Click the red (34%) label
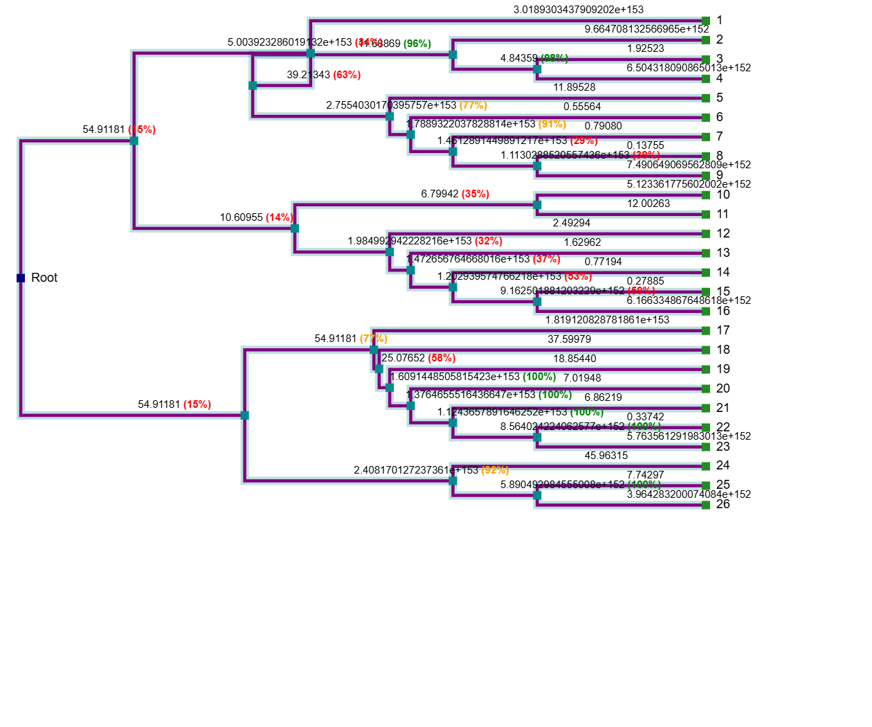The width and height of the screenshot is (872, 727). click(x=368, y=43)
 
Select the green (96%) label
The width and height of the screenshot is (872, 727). click(x=417, y=44)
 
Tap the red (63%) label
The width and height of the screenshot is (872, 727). click(x=347, y=75)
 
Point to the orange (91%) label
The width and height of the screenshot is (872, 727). click(x=552, y=124)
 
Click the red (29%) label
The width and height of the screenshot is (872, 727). click(x=584, y=141)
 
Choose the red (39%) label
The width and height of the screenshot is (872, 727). click(x=646, y=155)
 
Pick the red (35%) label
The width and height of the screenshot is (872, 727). click(x=475, y=194)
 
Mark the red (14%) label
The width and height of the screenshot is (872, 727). click(x=280, y=217)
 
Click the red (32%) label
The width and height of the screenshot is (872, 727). click(x=489, y=241)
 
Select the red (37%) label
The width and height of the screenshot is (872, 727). click(x=547, y=259)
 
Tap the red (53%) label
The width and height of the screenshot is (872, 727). click(x=578, y=276)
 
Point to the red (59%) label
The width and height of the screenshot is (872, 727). click(x=642, y=291)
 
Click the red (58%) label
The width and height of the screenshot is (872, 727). click(x=442, y=358)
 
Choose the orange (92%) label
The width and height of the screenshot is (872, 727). click(x=495, y=470)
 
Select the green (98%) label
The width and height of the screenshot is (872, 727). click(x=554, y=57)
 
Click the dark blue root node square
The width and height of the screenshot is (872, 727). click(x=21, y=278)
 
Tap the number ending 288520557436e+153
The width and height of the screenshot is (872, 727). click(x=581, y=155)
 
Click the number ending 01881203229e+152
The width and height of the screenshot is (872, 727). click(x=579, y=291)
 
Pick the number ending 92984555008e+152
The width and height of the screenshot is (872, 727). click(x=579, y=485)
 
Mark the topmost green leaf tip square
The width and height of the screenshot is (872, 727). click(x=706, y=21)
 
